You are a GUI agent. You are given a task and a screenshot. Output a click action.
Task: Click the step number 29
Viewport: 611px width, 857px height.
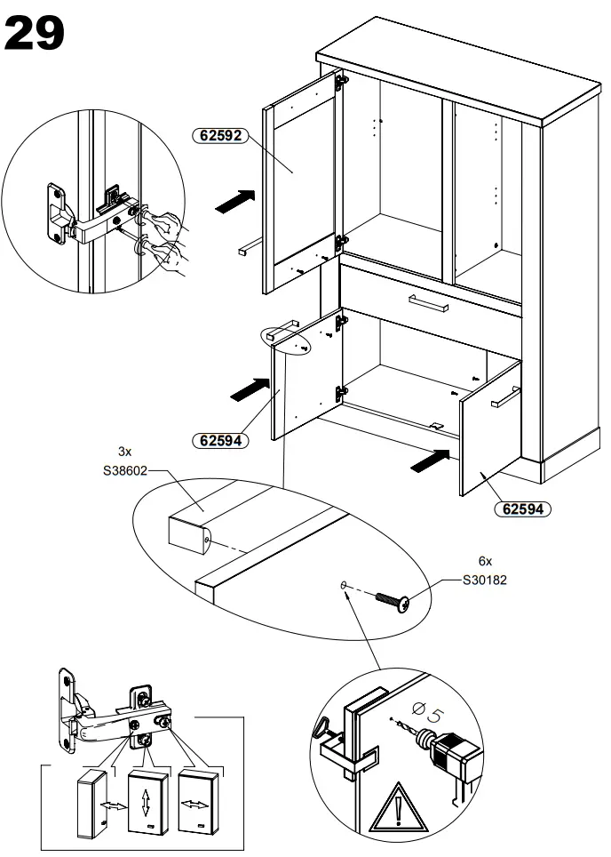[36, 33]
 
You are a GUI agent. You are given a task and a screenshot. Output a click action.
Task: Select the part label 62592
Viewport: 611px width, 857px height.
[218, 136]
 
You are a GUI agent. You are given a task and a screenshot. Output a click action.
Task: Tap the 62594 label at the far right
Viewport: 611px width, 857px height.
[522, 509]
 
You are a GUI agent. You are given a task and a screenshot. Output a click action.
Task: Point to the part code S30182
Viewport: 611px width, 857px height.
[488, 580]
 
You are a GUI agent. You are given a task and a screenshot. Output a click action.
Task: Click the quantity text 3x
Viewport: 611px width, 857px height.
[125, 451]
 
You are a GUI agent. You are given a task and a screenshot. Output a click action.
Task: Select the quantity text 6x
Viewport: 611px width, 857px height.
[485, 561]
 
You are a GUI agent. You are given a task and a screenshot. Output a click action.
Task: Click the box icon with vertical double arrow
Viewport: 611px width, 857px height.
[146, 800]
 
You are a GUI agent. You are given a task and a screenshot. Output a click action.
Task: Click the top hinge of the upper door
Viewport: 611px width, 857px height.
[339, 82]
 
